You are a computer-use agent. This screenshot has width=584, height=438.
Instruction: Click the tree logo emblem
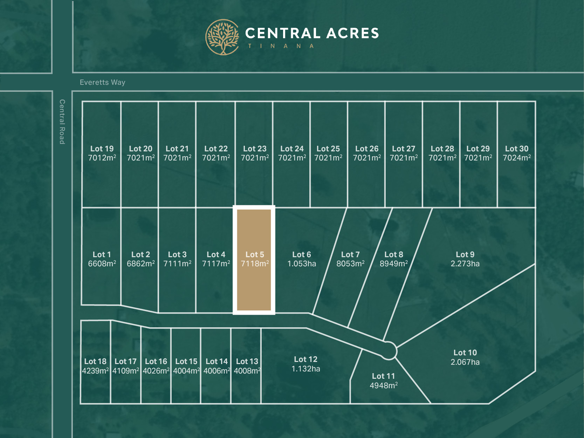pyautogui.click(x=222, y=37)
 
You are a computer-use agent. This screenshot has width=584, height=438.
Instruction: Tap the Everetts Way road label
pyautogui.click(x=102, y=82)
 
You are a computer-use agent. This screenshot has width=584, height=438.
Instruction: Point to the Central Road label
pyautogui.click(x=62, y=122)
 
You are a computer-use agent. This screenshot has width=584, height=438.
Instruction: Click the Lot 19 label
pyautogui.click(x=102, y=149)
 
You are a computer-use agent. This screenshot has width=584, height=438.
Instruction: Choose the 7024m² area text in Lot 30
pyautogui.click(x=517, y=158)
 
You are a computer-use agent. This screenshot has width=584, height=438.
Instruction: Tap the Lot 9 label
pyautogui.click(x=465, y=254)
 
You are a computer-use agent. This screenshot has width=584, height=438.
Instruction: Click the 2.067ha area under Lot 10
pyautogui.click(x=465, y=362)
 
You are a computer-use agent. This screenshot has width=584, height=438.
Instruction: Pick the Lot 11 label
pyautogui.click(x=383, y=376)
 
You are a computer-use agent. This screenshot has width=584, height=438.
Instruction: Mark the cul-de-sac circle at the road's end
pyautogui.click(x=389, y=350)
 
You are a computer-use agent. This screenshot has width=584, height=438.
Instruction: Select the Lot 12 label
pyautogui.click(x=305, y=359)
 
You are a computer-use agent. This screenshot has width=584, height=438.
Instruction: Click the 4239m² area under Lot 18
pyautogui.click(x=95, y=371)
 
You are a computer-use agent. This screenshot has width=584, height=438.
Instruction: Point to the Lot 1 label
pyautogui.click(x=102, y=254)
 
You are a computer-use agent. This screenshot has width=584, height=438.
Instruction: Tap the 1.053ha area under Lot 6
pyautogui.click(x=302, y=264)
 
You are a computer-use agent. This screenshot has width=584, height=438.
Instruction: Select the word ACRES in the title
pyautogui.click(x=353, y=33)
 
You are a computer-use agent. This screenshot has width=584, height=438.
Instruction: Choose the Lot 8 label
pyautogui.click(x=394, y=254)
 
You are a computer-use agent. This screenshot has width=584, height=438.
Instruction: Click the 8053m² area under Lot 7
pyautogui.click(x=350, y=264)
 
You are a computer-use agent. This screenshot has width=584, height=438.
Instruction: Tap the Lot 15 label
pyautogui.click(x=186, y=361)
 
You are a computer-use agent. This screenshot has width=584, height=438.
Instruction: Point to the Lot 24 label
pyautogui.click(x=292, y=149)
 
